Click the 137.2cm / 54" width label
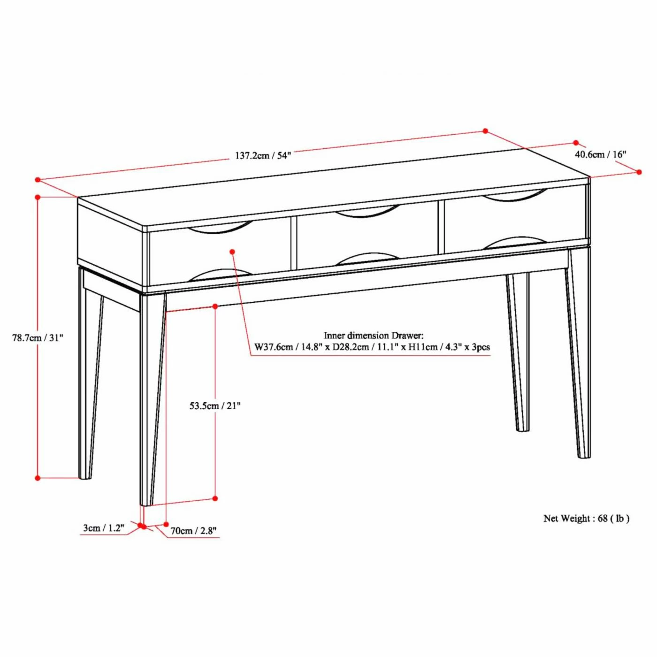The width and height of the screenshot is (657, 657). [263, 155]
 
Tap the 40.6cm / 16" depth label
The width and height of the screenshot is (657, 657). [601, 154]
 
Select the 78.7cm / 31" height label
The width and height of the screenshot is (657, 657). [38, 337]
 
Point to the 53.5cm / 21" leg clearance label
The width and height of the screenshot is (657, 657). [215, 405]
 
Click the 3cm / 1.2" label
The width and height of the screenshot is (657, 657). [104, 528]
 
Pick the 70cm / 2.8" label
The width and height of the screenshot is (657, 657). [193, 531]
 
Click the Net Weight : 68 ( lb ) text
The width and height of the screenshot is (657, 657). [586, 519]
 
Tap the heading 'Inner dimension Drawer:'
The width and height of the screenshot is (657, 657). [374, 336]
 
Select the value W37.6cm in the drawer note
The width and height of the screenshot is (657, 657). [273, 347]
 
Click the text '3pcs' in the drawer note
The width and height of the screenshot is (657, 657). [481, 347]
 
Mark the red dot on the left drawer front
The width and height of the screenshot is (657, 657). [232, 252]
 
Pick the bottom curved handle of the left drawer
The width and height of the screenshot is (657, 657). [220, 275]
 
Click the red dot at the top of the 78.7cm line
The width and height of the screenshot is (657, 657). [38, 198]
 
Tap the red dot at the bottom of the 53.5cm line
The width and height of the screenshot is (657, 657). [215, 498]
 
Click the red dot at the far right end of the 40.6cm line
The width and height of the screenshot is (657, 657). [639, 172]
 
